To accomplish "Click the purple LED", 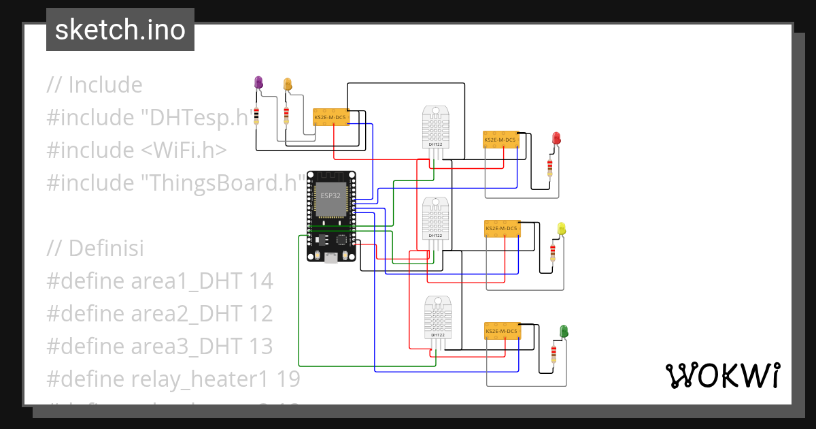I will coord(258,82).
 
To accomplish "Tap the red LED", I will coord(556,138).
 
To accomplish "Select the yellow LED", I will coord(561,228).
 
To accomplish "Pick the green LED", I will coord(564,331).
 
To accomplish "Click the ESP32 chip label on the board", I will coord(330,195).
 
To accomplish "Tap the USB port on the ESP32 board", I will coord(330,257).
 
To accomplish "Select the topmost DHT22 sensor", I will coord(435,127).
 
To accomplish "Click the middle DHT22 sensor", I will coord(435,219).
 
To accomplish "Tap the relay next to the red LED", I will coord(501,140).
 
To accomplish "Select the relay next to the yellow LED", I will coord(502,229).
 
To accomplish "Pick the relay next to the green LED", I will coord(502,331).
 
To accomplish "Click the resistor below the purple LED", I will coord(256,116).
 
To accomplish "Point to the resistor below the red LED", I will coord(549,166).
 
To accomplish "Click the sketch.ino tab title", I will coord(120,30).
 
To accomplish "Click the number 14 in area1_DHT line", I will coord(260,281).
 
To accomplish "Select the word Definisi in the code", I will coord(106,248).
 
